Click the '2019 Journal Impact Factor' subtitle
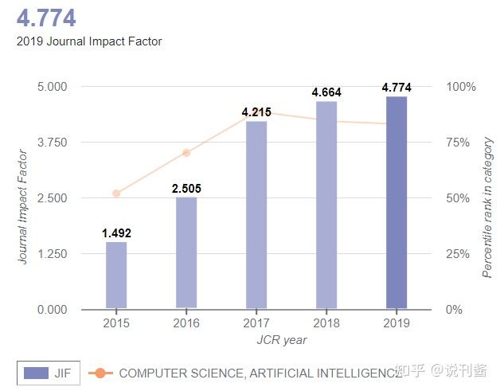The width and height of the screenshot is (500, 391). pos(89,41)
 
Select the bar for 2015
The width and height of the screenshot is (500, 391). pos(116,275)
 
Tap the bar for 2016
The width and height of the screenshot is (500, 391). pos(186,252)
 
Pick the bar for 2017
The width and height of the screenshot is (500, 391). pos(256,214)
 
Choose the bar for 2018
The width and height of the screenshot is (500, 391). pos(326,205)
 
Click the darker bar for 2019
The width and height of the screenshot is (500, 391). pos(396,202)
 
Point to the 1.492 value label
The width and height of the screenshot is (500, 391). pos(116,233)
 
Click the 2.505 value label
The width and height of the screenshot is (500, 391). pos(186,189)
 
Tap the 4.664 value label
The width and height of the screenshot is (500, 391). pos(326,92)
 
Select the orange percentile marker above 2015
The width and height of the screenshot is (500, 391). pos(116,194)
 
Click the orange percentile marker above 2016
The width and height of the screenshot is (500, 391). pos(186,153)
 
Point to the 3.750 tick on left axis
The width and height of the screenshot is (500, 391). pos(53,143)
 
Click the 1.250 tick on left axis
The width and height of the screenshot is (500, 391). pos(53,254)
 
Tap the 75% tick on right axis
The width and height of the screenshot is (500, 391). pos(459,143)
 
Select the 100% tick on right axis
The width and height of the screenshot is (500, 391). pos(461,87)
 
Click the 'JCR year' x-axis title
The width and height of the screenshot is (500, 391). pos(281,340)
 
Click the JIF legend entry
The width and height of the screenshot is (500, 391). pos(49,373)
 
